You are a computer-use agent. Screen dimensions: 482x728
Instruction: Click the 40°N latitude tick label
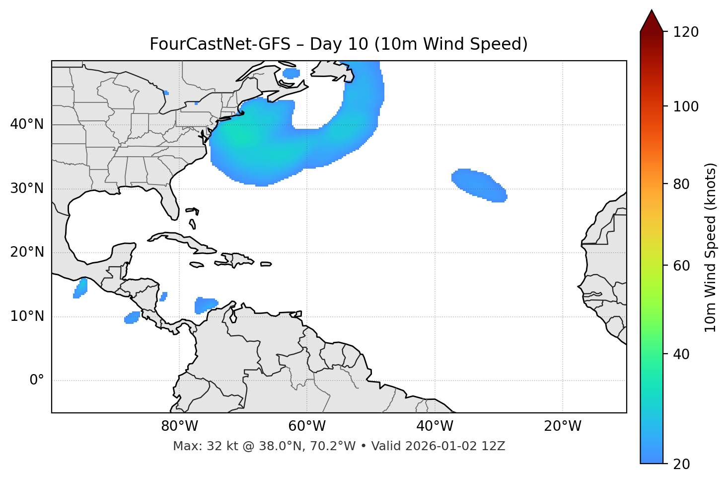pos(27,124)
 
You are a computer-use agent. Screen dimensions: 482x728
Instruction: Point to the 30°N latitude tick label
pos(27,189)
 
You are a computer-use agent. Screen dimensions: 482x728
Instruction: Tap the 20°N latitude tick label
pos(27,252)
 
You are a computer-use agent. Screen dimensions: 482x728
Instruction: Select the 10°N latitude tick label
pos(27,316)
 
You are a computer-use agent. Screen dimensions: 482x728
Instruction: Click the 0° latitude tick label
pos(37,381)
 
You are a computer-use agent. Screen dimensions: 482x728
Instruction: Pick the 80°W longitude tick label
pos(179,426)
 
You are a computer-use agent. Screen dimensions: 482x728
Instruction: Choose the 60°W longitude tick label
pos(307,426)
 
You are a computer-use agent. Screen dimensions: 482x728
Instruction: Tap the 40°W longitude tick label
pos(435,426)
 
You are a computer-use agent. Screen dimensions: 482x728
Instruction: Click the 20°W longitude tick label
pos(563,426)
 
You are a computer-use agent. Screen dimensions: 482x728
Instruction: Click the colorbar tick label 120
pos(686,32)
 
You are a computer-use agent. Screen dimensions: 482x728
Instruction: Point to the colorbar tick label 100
pos(686,106)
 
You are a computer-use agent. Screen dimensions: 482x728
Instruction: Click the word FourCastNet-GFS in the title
pos(220,44)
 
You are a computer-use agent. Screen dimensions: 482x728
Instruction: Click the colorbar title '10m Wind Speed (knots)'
pos(711,247)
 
